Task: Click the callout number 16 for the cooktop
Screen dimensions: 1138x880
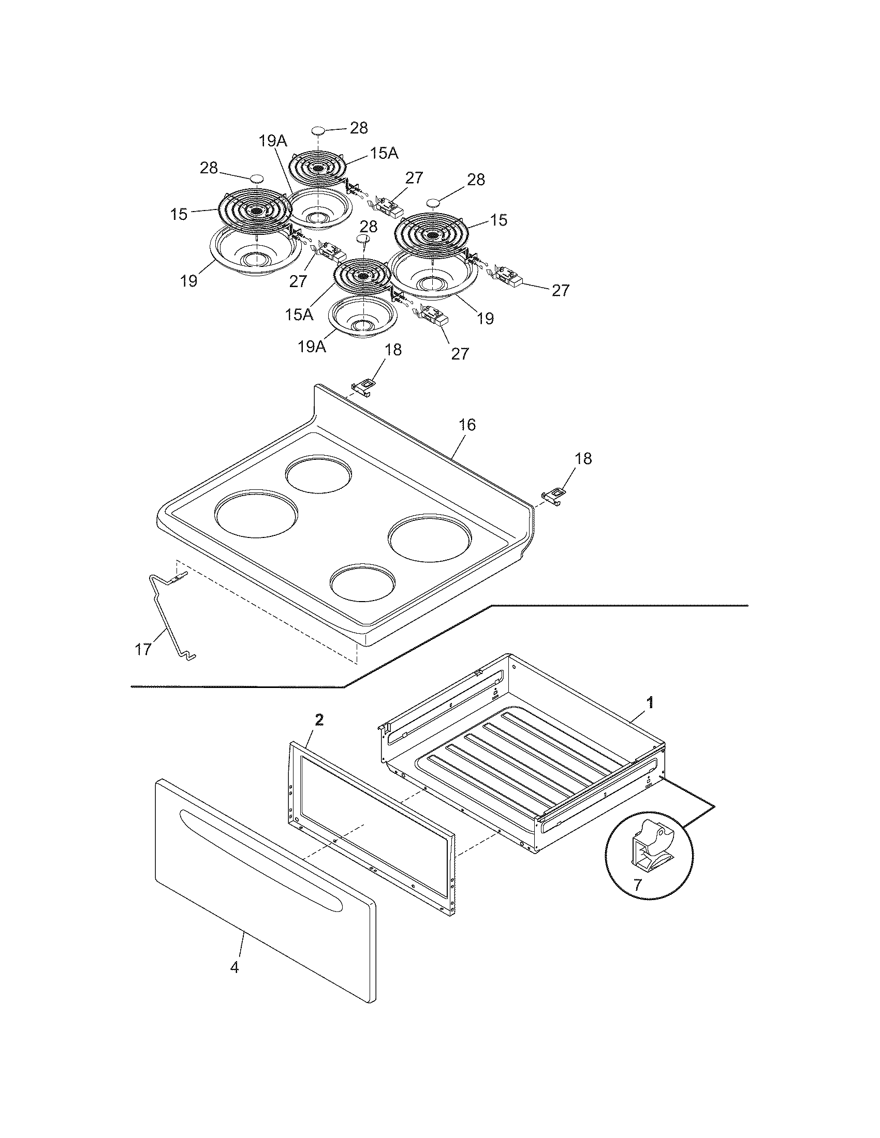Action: point(467,425)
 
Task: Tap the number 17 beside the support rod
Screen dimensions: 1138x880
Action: point(143,649)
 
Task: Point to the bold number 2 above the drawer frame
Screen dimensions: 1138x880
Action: point(319,720)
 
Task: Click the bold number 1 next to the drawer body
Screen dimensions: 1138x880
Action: point(650,703)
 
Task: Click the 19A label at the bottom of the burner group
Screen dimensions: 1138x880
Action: point(312,347)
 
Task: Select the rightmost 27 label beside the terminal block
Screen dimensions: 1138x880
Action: point(561,290)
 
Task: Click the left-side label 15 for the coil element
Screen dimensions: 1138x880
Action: point(179,214)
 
